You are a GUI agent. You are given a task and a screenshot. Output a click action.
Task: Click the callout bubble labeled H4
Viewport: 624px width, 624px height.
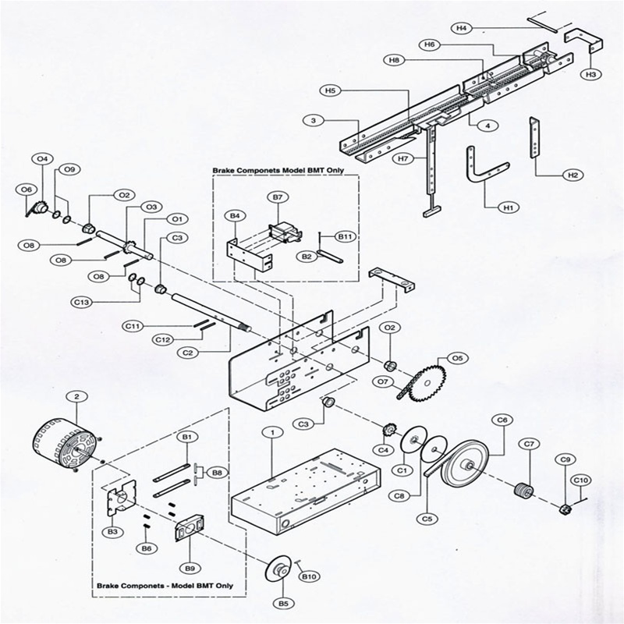pos(461,28)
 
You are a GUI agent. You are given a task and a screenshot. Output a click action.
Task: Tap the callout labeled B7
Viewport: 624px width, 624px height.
pos(278,197)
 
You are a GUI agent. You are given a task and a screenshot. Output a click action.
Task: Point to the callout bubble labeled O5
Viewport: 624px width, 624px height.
pos(458,358)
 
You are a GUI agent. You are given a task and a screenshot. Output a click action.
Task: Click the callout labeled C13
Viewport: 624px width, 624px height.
pos(82,303)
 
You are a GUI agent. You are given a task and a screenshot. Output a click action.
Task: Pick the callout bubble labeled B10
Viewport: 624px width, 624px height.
pos(309,576)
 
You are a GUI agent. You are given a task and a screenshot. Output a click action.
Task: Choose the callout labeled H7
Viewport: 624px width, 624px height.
pos(403,158)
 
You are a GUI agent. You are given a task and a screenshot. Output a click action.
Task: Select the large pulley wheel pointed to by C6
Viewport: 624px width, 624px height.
pos(466,463)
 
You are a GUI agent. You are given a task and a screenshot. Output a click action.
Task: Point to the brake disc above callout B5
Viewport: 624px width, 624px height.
pos(278,571)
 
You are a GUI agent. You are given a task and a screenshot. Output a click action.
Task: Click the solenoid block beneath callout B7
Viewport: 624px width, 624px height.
pos(285,233)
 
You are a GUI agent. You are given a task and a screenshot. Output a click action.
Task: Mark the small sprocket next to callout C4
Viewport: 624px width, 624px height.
pos(388,431)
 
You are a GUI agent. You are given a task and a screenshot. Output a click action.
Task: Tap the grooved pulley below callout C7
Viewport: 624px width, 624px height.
pos(524,490)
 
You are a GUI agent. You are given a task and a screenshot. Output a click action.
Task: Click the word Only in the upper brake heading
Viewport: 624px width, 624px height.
pos(335,170)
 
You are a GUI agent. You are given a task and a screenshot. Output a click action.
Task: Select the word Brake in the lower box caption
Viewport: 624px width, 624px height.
pos(108,586)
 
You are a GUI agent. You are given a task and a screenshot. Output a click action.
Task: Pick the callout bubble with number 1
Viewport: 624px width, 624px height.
pos(272,432)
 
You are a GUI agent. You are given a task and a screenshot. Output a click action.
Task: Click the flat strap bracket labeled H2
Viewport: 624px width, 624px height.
pos(534,138)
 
